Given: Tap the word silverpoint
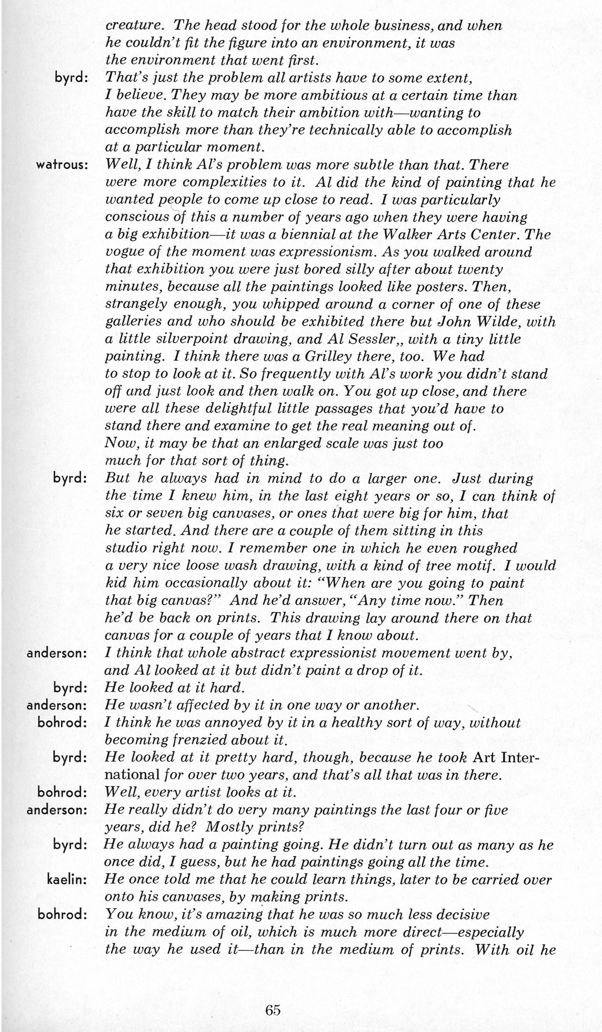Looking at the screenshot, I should click(x=182, y=339).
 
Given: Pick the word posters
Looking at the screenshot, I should click(x=441, y=287).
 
